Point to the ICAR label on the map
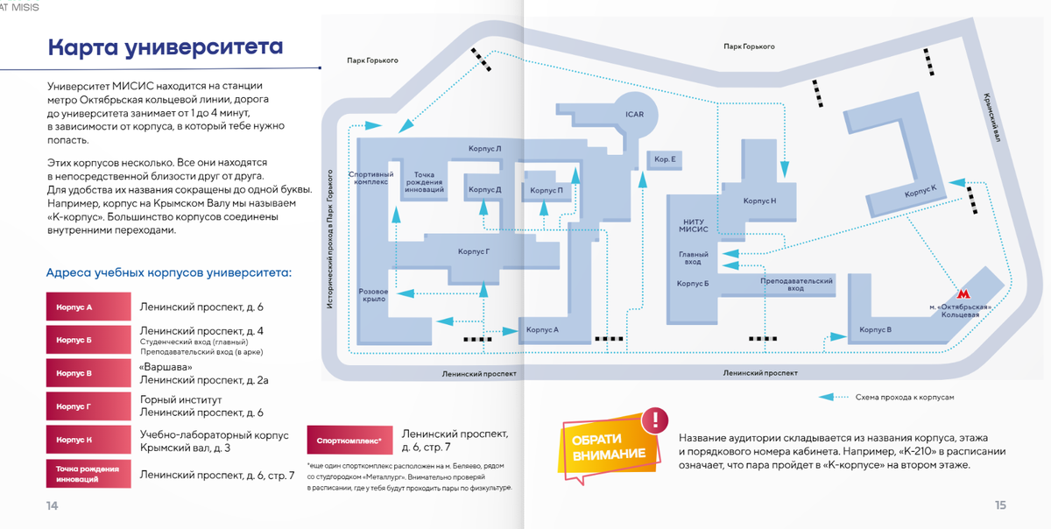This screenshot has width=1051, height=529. point(634,115)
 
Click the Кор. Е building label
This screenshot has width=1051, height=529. point(662,159)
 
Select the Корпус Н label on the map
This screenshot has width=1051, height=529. point(759,201)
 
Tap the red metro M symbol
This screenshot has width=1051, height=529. point(963,293)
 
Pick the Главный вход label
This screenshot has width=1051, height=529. point(690,257)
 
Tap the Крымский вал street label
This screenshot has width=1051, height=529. point(992,118)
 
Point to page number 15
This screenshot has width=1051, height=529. point(1000,505)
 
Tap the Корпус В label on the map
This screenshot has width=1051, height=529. point(876,329)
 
